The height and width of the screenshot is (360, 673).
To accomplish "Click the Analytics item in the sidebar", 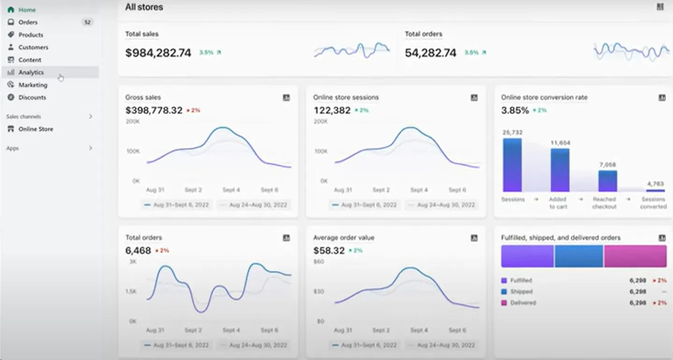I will pos(31,72).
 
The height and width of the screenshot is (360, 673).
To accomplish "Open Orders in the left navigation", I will pos(28,22).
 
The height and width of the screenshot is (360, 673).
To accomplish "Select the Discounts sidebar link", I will pos(32,97).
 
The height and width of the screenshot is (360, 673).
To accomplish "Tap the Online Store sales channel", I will pos(36,129).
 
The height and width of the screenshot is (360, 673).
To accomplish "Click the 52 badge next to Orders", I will pos(87,22).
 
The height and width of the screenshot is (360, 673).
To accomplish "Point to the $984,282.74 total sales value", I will pos(158,53).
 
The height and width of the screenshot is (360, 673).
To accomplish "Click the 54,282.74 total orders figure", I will pos(430,53).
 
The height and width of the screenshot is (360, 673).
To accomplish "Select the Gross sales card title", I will pos(143,97).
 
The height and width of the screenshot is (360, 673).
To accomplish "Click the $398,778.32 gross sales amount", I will pos(154,110).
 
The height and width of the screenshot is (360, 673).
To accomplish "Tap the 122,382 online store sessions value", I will pos(332,110).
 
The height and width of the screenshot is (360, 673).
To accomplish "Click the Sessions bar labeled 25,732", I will pos(512,165).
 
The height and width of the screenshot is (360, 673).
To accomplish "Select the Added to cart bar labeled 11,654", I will pos(560,170).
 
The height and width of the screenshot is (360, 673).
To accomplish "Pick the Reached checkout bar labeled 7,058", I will pos(607,181).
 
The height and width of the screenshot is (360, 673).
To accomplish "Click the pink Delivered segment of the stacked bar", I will pos(635,256).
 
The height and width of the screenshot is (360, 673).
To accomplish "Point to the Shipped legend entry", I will pos(521,292).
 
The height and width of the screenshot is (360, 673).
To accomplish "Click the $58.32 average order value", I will pos(329,251).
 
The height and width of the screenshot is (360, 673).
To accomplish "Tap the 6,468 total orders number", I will pos(138,251).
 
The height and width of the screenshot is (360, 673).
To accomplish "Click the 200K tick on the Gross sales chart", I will pos(132,121).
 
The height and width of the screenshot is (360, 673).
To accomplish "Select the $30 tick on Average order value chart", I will pos(318,291).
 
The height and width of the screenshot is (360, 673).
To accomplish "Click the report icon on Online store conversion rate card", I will pos(662,97).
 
